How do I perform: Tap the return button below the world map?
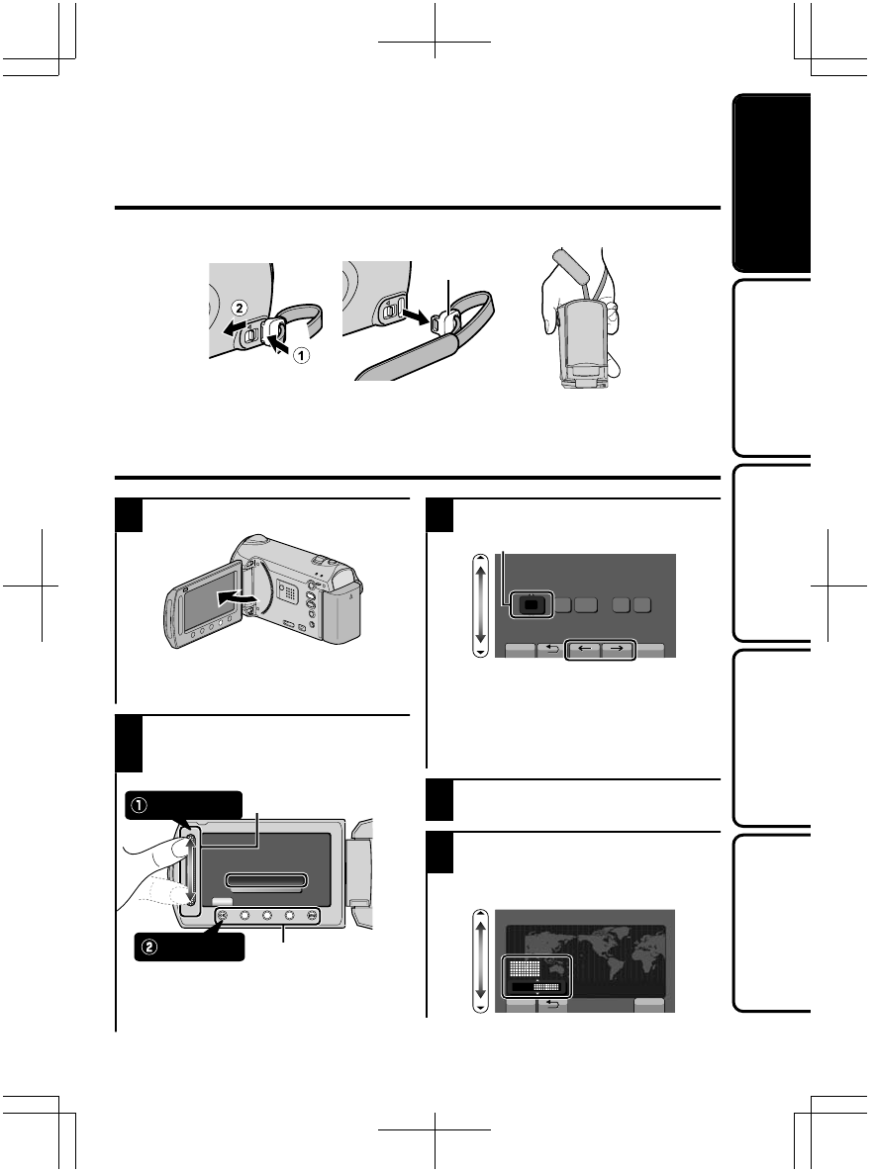(x=552, y=1003)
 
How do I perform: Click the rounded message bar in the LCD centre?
(x=267, y=880)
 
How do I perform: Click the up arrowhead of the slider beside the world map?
(x=482, y=917)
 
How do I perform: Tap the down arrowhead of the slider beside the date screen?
(x=482, y=652)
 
